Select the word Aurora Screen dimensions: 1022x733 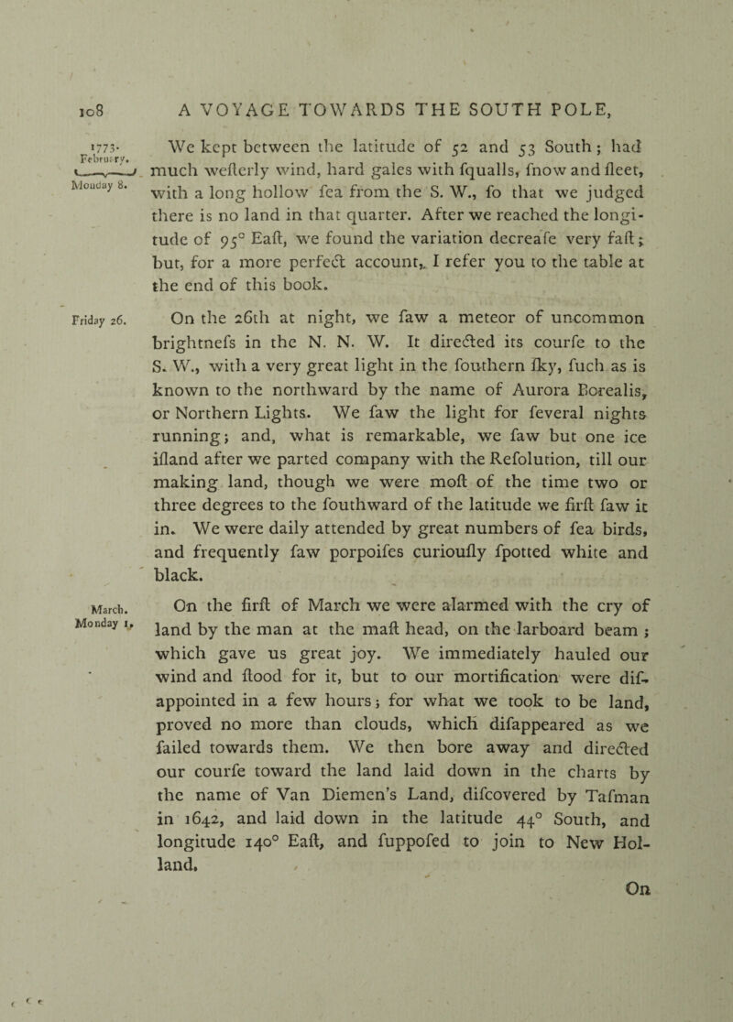(x=514, y=425)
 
